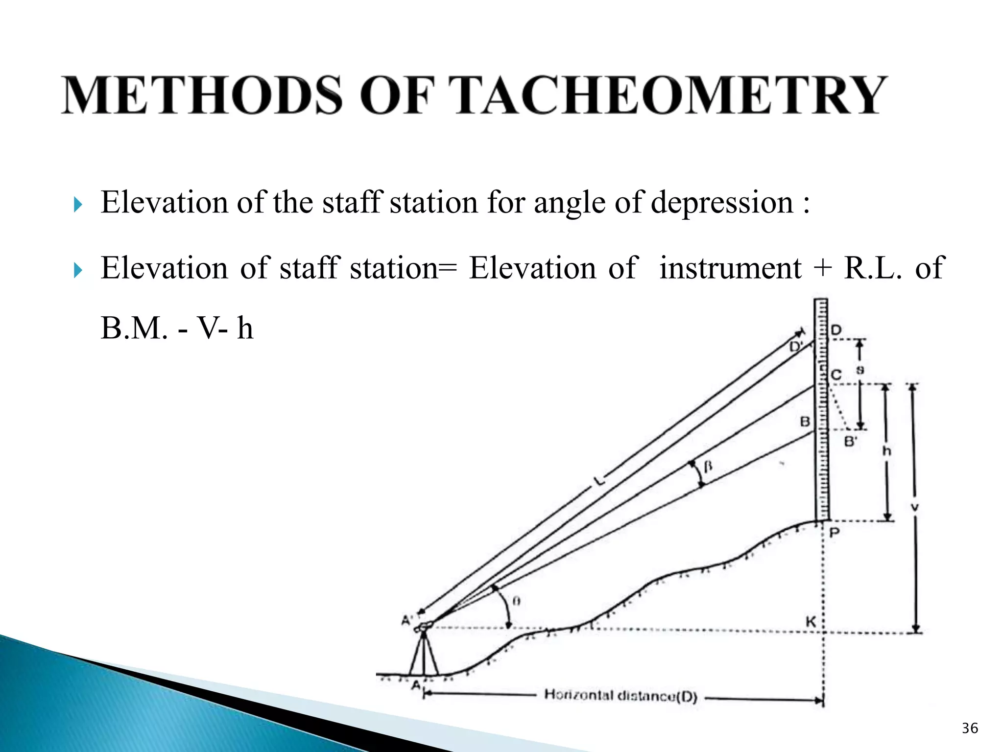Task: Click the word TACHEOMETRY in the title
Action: coord(671,95)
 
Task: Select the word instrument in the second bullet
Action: coord(730,268)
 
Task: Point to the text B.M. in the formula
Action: coord(134,328)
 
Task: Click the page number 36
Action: coord(970,728)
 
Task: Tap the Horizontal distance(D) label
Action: coord(621,695)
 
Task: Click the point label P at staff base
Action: coord(835,532)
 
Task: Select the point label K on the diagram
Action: coord(811,622)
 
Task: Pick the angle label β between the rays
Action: coord(707,467)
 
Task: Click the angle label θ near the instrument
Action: coord(516,601)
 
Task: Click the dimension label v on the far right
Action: coord(914,508)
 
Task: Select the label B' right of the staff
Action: coord(851,442)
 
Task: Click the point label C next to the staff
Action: coord(836,376)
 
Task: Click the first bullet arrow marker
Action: coord(78,204)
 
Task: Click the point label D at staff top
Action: coord(836,330)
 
